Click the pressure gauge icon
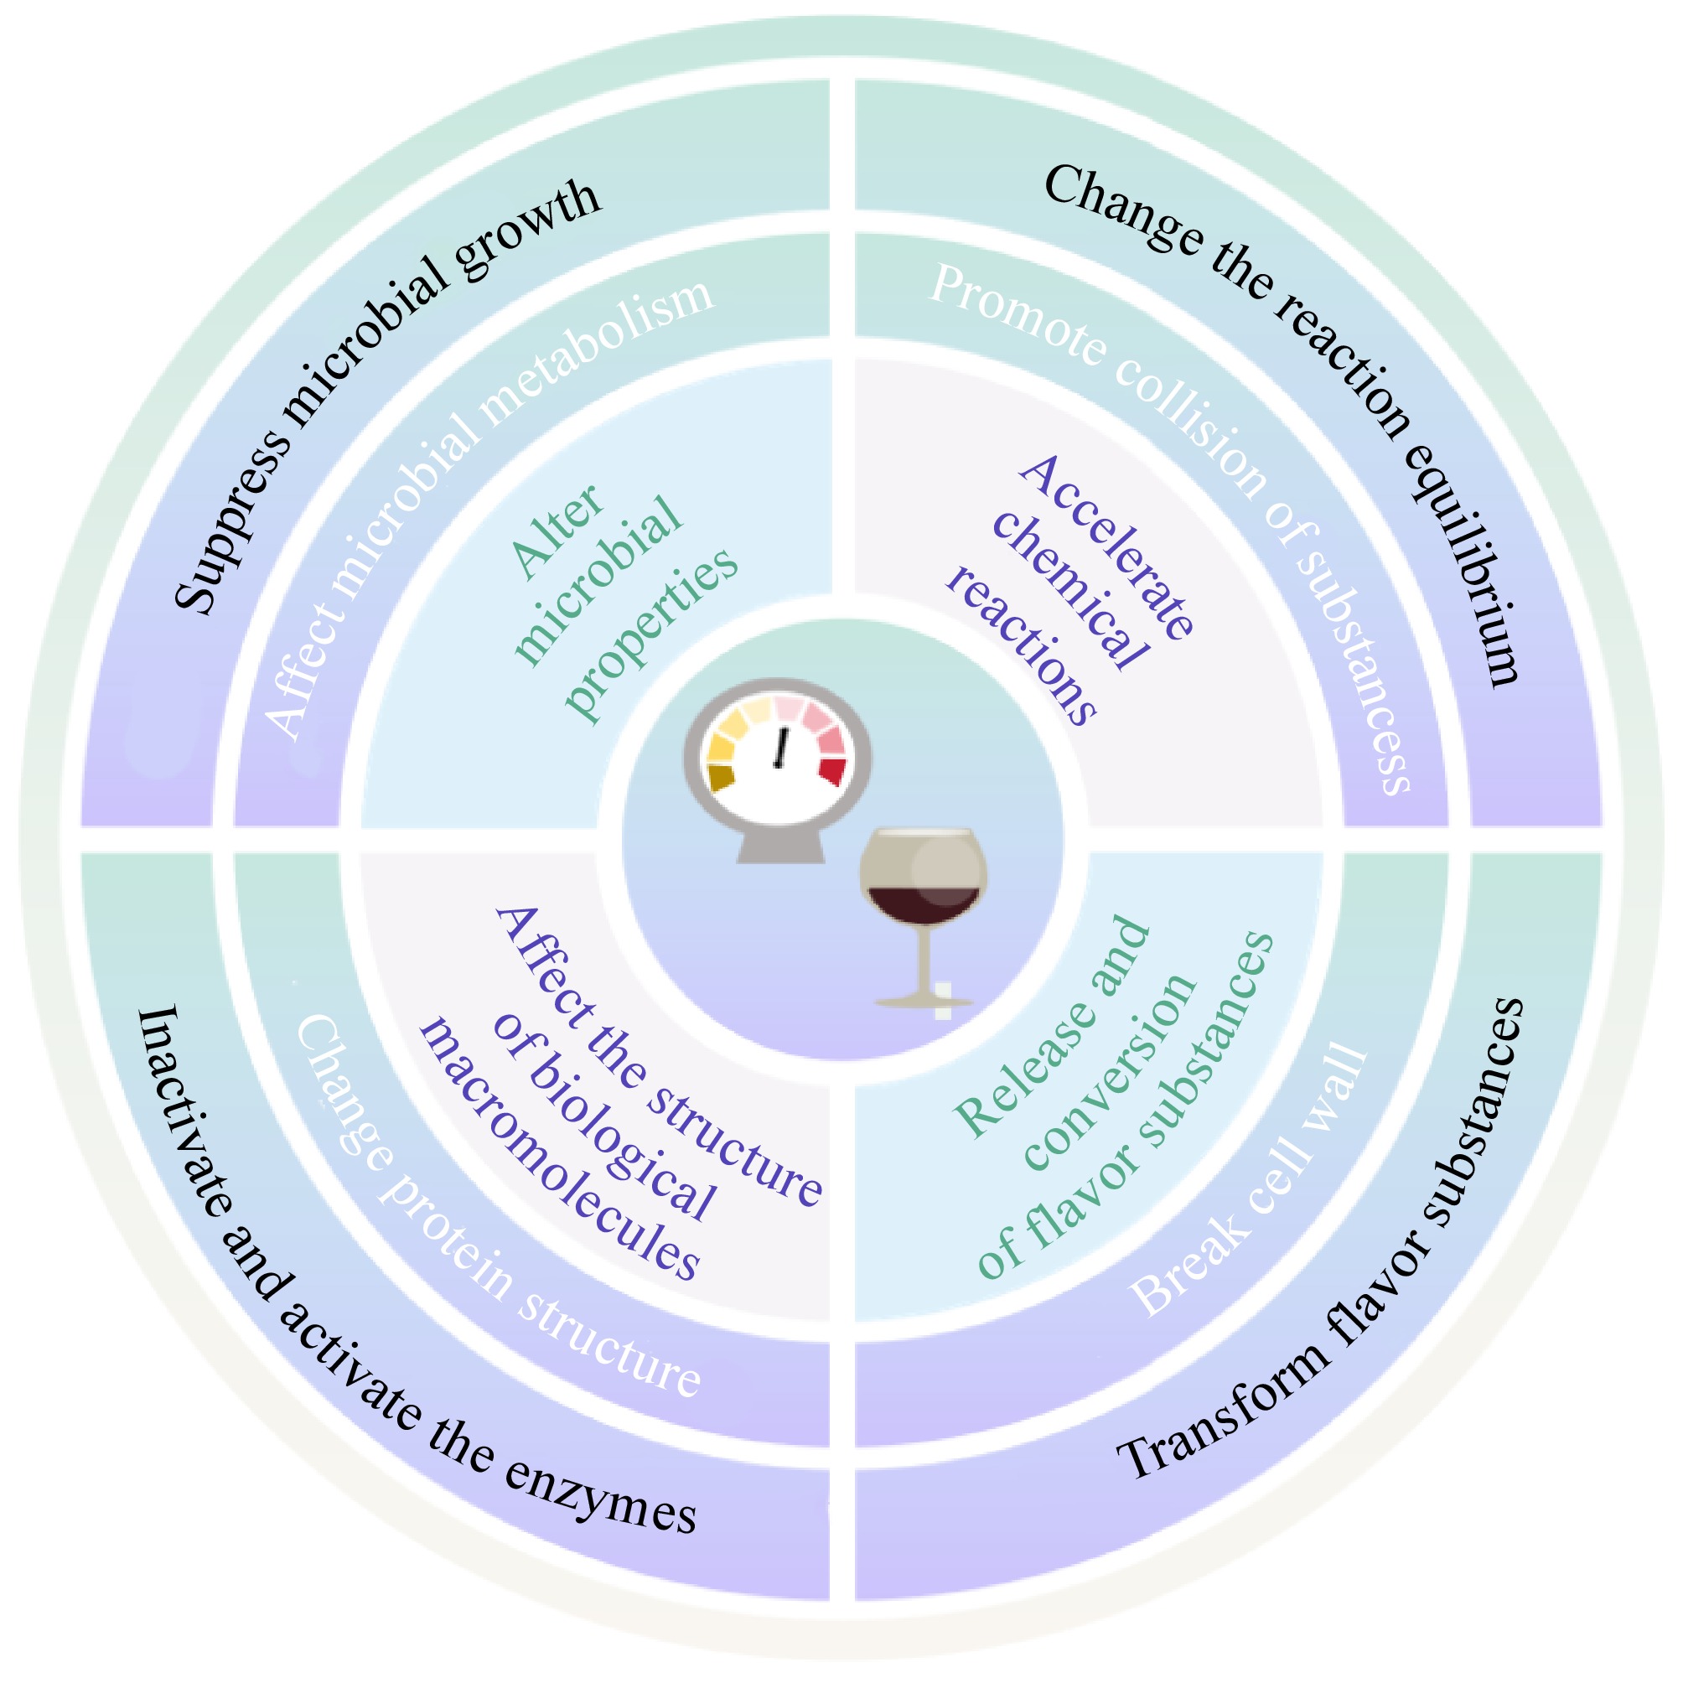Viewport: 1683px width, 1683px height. [778, 767]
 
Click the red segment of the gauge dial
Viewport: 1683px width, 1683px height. [832, 770]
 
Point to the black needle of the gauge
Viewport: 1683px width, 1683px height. [780, 748]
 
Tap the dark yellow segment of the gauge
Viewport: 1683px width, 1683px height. [722, 776]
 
